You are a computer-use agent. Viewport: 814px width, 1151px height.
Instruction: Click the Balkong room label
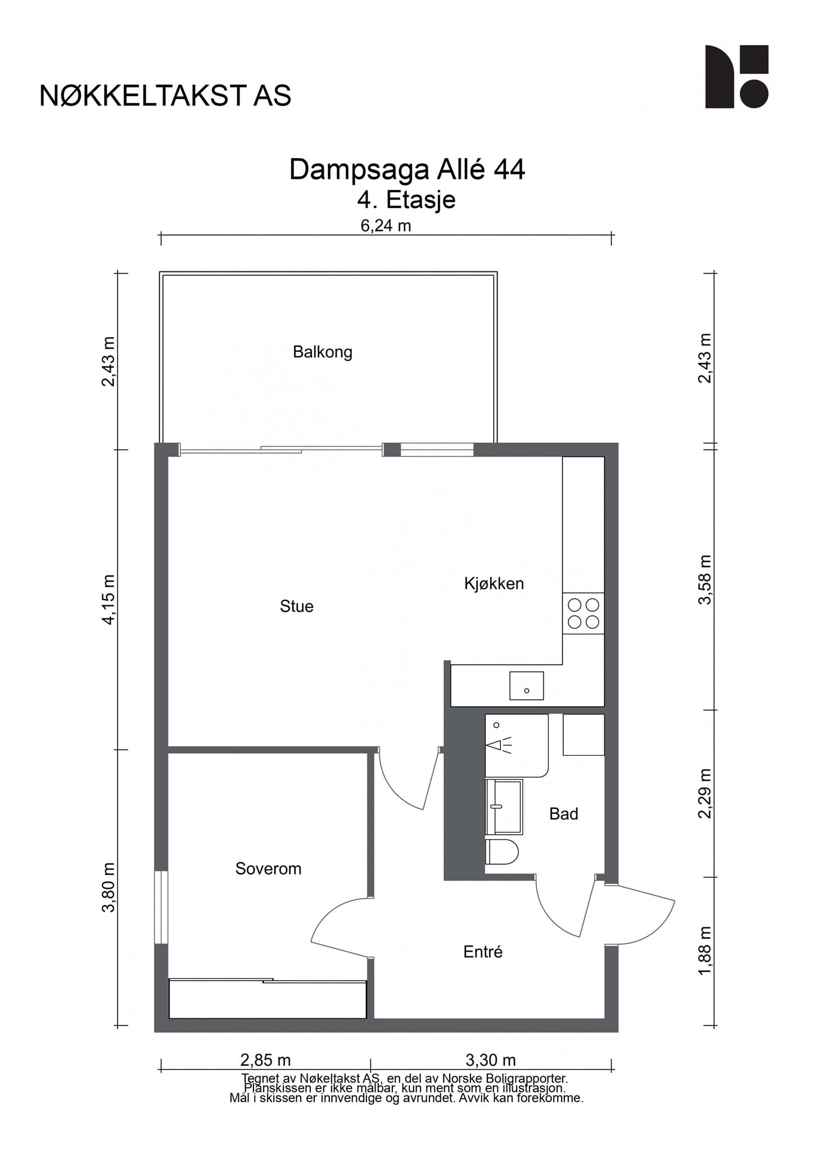(x=323, y=352)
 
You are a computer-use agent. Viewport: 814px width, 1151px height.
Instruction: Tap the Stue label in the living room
(x=297, y=606)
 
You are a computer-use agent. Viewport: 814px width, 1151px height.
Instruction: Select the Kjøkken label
(x=494, y=583)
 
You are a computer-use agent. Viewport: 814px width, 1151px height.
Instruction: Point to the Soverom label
(x=268, y=868)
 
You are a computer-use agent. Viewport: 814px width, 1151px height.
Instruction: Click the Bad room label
(x=564, y=814)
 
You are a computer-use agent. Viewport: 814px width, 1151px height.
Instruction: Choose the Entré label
(x=483, y=951)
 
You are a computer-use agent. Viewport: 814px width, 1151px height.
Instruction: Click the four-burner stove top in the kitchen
(x=584, y=614)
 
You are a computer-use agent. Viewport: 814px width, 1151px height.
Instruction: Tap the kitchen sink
(x=527, y=686)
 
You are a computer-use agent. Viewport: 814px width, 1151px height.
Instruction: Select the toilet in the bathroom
(x=501, y=851)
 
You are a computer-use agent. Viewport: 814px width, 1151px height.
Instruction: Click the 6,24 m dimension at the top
(x=386, y=226)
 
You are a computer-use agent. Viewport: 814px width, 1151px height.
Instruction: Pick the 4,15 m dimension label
(x=109, y=599)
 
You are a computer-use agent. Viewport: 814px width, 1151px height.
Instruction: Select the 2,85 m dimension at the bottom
(x=265, y=1060)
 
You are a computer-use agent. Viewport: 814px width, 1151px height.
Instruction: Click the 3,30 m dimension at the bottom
(x=491, y=1060)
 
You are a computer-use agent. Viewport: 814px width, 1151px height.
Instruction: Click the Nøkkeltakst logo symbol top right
(x=737, y=76)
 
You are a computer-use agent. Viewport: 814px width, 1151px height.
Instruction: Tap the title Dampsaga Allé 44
(x=407, y=169)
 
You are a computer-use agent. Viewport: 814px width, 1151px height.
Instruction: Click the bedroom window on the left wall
(x=161, y=907)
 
